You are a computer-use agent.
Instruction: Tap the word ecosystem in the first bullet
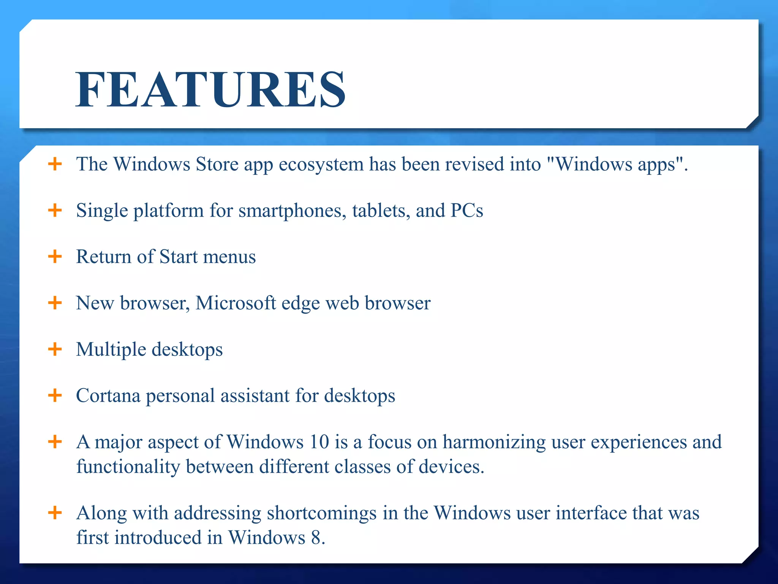pyautogui.click(x=321, y=165)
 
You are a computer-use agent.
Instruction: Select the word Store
pyautogui.click(x=217, y=164)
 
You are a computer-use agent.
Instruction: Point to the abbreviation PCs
pyautogui.click(x=466, y=210)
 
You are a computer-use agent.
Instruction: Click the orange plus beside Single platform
pyautogui.click(x=55, y=210)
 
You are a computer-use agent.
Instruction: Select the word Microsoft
pyautogui.click(x=236, y=303)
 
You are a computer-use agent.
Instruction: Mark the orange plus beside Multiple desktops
pyautogui.click(x=55, y=349)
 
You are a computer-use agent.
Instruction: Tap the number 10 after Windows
pyautogui.click(x=319, y=442)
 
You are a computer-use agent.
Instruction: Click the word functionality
pyautogui.click(x=128, y=467)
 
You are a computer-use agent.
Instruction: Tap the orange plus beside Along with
pyautogui.click(x=55, y=513)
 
